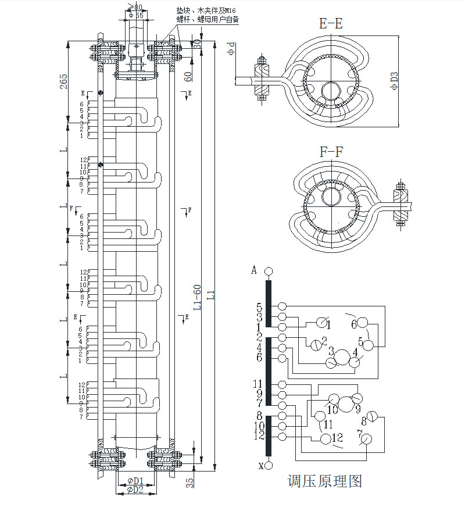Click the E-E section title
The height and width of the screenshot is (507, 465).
[x=331, y=24]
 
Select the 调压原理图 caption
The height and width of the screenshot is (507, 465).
[x=325, y=481]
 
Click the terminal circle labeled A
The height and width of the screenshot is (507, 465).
[x=268, y=272]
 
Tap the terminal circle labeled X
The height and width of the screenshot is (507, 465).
[x=269, y=465]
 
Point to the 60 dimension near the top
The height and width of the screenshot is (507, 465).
[x=188, y=76]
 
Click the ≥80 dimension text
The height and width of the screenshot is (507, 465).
[x=135, y=6]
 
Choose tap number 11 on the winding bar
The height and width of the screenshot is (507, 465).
[x=257, y=384]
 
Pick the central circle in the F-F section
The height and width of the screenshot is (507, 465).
[x=331, y=196]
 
